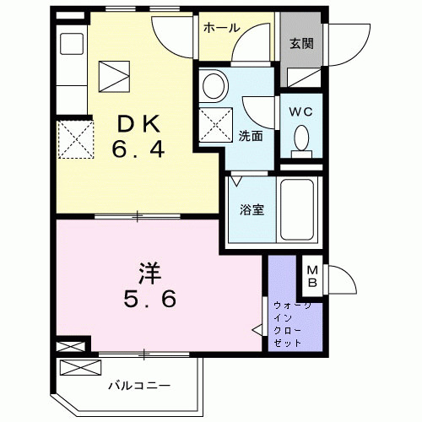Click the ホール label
(x=220, y=27)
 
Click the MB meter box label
(x=311, y=273)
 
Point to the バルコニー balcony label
(x=139, y=386)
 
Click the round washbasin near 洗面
(x=214, y=85)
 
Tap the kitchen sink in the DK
(x=71, y=44)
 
